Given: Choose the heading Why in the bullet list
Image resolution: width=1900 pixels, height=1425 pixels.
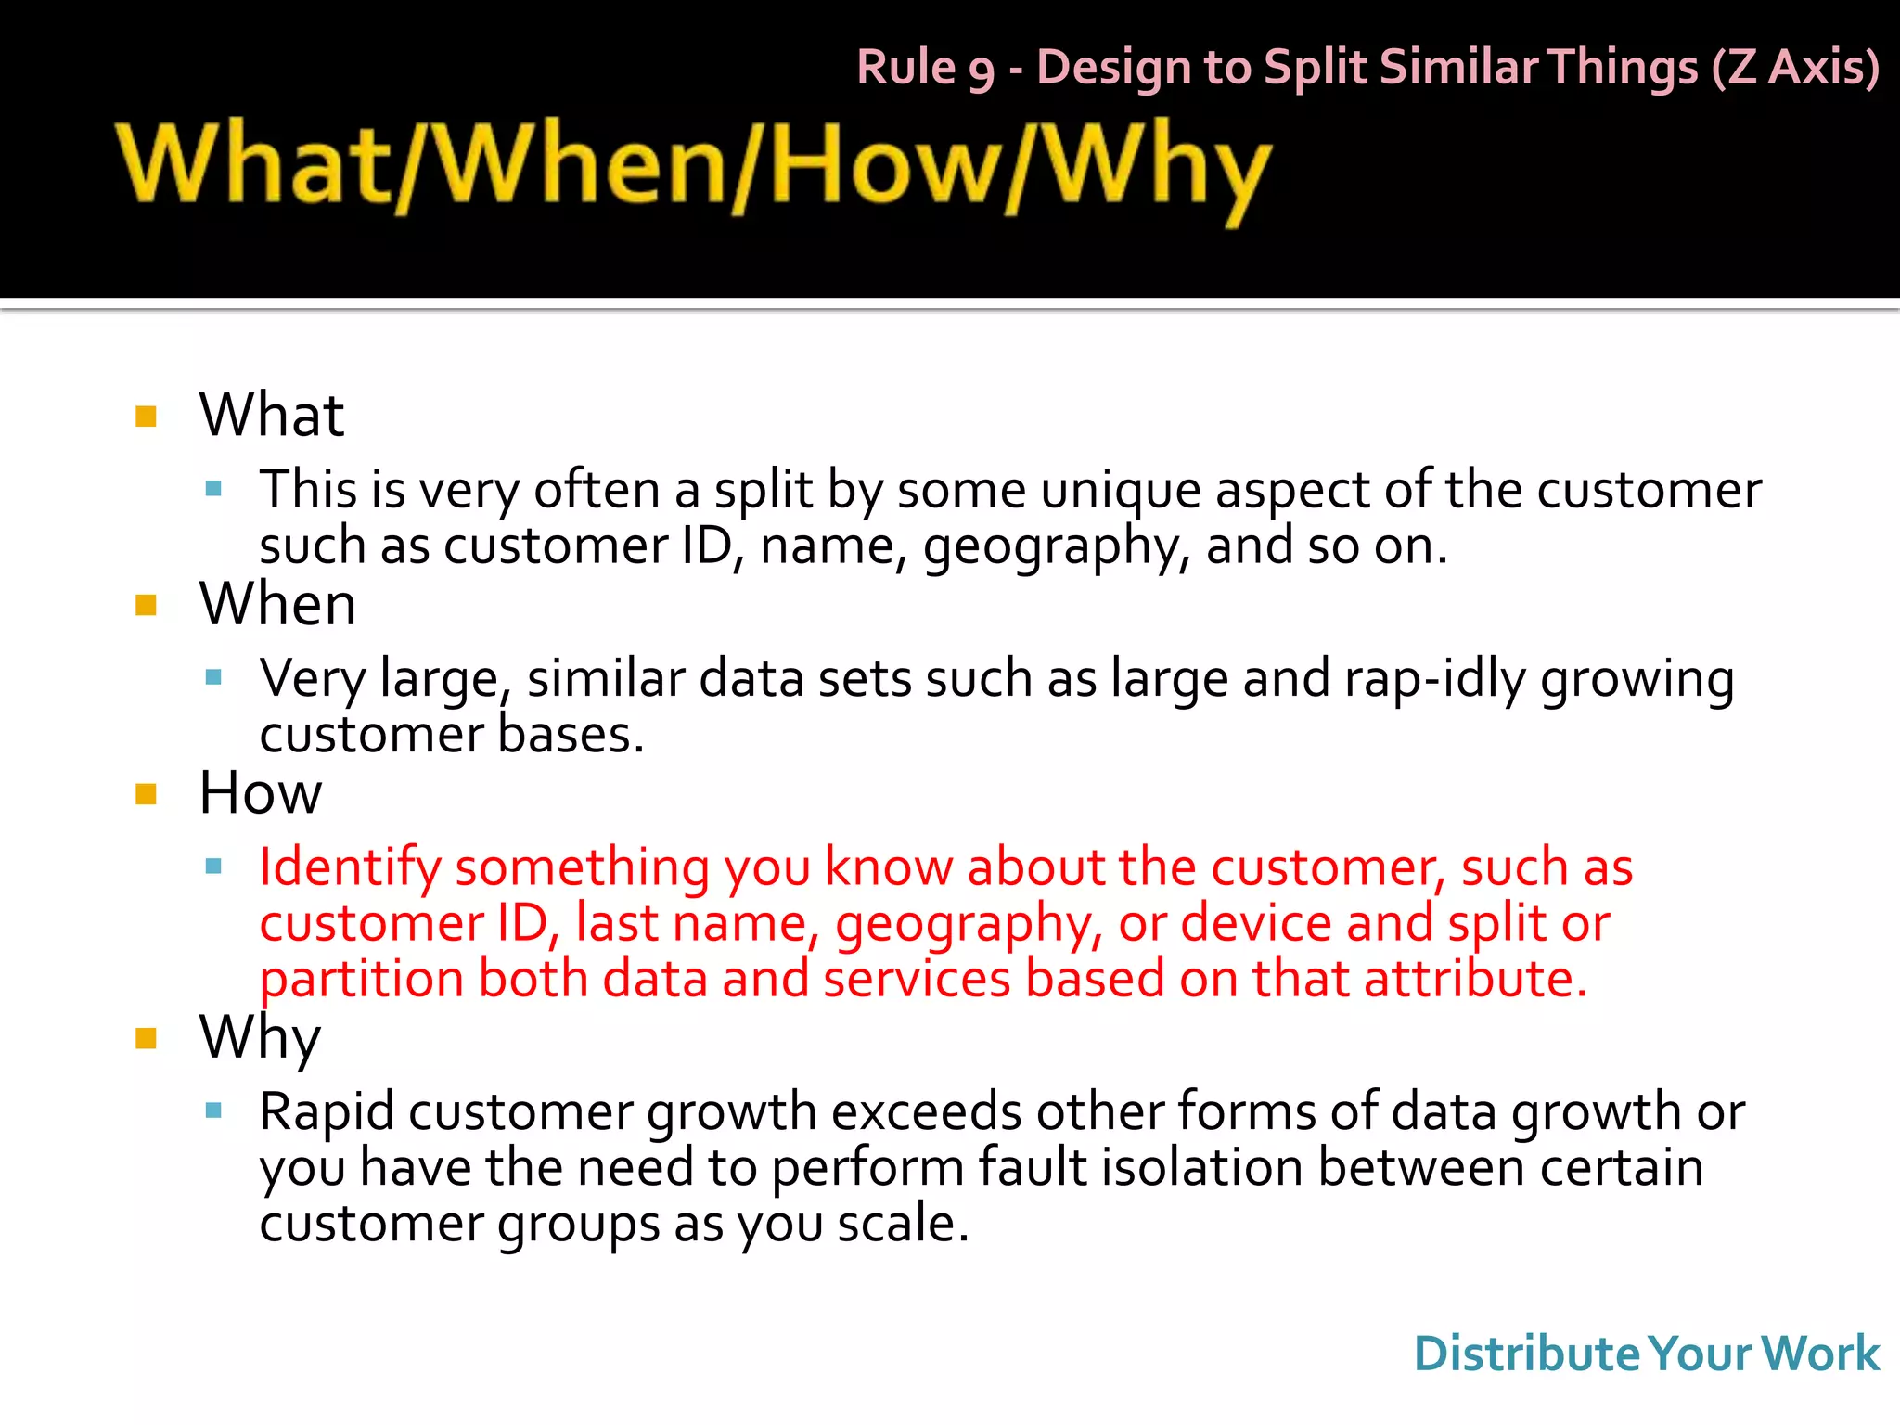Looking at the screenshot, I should (260, 1037).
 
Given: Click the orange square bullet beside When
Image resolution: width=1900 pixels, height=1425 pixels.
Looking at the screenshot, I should (146, 606).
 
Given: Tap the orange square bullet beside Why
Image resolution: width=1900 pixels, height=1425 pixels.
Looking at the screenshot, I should (146, 1037).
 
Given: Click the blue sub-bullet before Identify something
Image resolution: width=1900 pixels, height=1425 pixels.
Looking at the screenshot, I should (213, 867).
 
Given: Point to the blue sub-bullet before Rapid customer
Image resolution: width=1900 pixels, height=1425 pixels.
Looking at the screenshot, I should (213, 1110).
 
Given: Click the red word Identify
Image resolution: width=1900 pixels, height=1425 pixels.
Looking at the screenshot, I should (350, 868).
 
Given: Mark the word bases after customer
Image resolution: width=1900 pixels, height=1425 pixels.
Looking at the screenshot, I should (570, 735).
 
